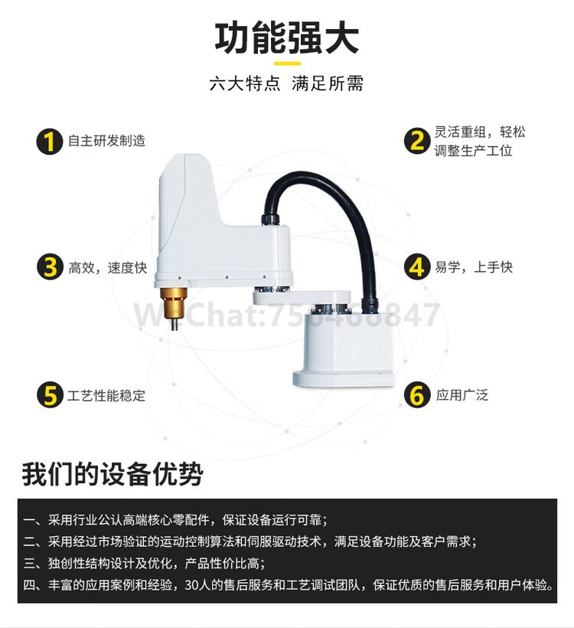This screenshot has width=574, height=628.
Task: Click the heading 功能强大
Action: tap(286, 39)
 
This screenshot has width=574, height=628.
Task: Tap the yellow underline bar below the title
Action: tap(287, 63)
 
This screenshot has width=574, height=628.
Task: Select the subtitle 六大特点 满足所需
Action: tap(286, 83)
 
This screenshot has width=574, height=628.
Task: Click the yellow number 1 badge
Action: tap(50, 141)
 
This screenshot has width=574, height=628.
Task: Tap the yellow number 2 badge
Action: tap(417, 141)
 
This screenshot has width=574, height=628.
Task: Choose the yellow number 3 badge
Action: tap(50, 267)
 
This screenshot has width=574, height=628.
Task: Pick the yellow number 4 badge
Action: tap(417, 267)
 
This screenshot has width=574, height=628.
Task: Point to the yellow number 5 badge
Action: tap(50, 396)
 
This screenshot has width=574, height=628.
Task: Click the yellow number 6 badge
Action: tap(417, 396)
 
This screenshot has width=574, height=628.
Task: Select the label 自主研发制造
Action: tap(106, 141)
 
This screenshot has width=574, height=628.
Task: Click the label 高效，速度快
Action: tap(107, 267)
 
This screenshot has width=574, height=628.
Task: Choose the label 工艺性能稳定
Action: tap(106, 396)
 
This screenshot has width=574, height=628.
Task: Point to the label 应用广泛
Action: tap(461, 396)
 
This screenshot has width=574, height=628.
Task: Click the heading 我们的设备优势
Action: tap(113, 474)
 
